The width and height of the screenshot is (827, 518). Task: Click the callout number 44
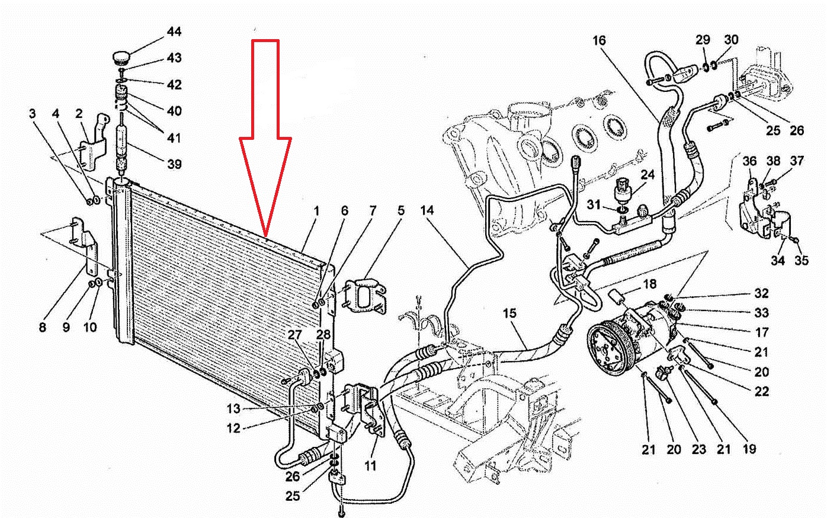point(174,32)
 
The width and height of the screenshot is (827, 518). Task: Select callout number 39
point(174,164)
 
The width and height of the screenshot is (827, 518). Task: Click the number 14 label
point(427,210)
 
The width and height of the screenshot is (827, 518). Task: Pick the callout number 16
point(599,40)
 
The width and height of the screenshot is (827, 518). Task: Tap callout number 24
point(647,174)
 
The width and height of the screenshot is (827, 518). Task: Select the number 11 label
point(370,465)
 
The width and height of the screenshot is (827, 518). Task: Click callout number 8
point(43,327)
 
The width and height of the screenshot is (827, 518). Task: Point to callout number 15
point(509,314)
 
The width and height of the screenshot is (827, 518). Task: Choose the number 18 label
point(650,284)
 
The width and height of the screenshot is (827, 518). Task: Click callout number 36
point(750,161)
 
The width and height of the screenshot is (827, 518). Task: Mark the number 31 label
point(594,204)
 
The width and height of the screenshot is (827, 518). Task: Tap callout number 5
point(401,210)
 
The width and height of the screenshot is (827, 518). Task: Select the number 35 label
point(802,260)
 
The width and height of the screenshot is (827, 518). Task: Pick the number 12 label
point(233,429)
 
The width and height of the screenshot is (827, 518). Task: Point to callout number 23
point(698,449)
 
